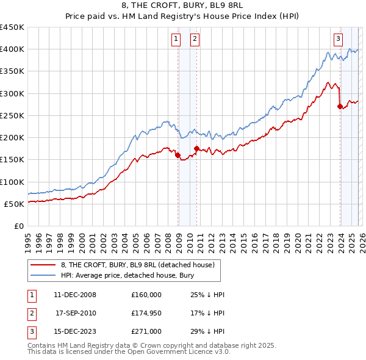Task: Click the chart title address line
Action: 183,6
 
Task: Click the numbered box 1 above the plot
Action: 176,39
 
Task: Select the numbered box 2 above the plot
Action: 195,39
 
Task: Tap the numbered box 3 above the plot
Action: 338,39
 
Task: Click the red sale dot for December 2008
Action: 178,155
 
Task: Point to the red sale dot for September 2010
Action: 196,148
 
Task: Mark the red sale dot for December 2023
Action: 340,106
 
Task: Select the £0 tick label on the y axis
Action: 18,226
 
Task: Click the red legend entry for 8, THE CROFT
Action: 137,265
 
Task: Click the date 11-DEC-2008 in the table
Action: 75,295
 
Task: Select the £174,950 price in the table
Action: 146,314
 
